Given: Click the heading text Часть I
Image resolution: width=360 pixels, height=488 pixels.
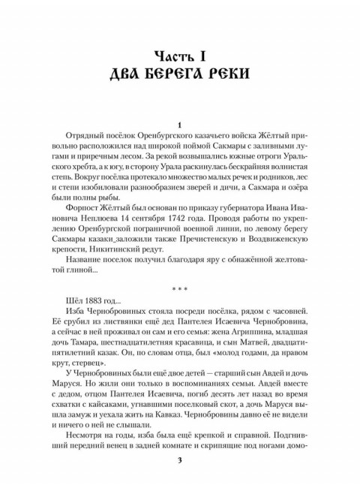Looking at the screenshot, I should click(x=181, y=55).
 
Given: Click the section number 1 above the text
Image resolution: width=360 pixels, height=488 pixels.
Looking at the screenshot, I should click(x=180, y=124).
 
